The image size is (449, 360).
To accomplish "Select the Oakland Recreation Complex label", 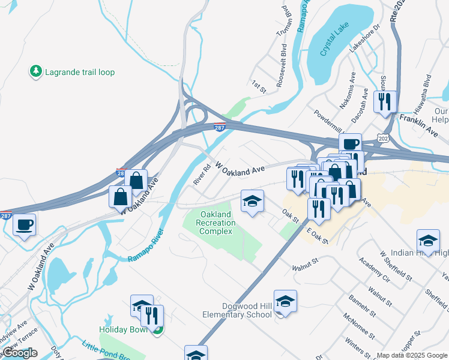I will pos(215,223).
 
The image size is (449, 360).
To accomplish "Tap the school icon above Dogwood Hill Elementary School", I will pos(286,301).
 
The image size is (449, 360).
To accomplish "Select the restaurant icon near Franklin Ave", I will pos(385,101).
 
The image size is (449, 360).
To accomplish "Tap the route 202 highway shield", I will pos(382,139).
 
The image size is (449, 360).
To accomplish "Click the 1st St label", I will pos(259,86).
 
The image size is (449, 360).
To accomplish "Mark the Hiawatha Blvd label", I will pos(423,94).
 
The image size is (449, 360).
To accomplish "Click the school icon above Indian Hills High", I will pos(427,240).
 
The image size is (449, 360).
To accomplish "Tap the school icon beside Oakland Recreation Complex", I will pos(252,201).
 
